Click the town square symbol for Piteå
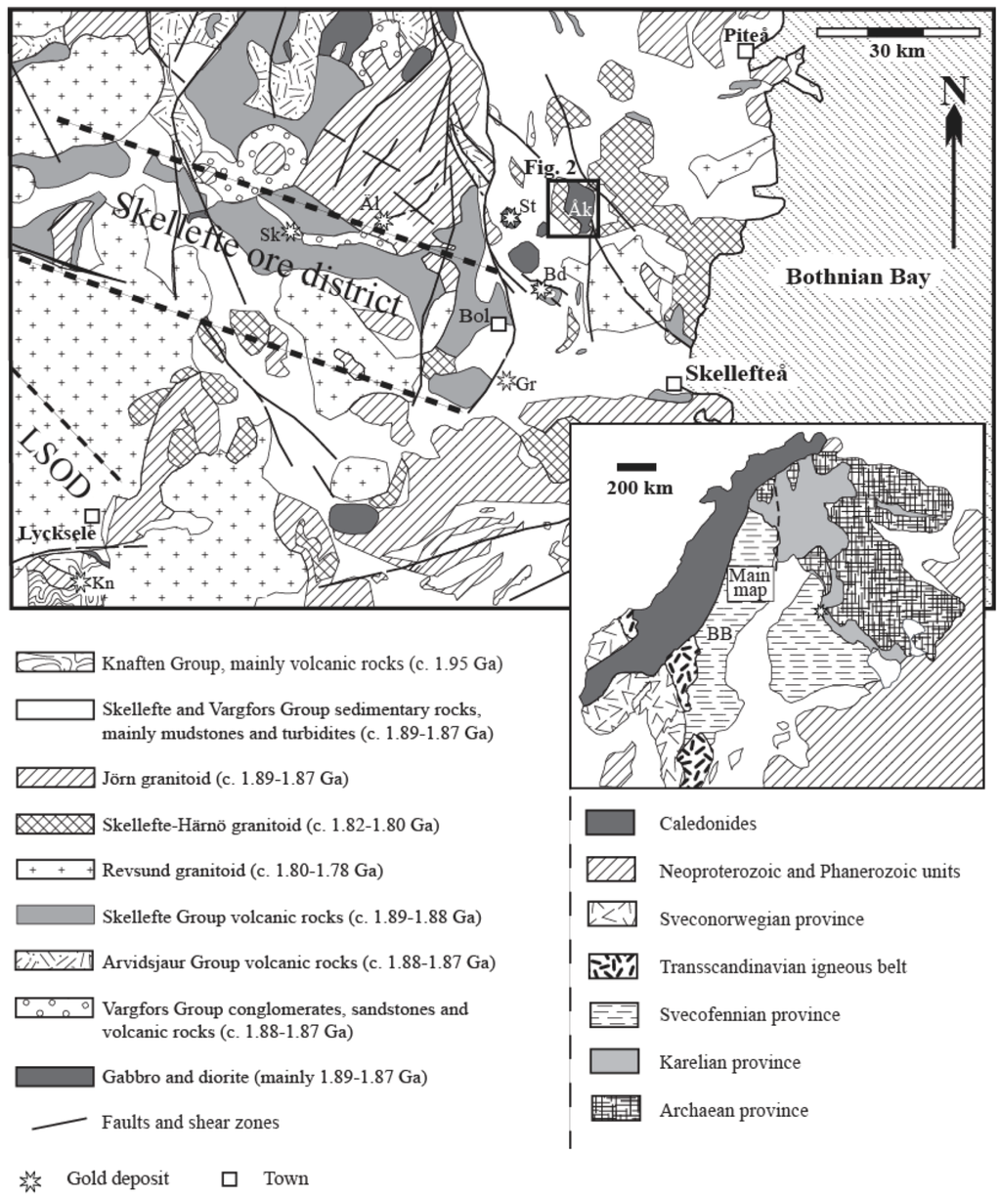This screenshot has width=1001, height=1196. [745, 50]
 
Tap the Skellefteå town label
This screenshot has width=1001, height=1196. [736, 373]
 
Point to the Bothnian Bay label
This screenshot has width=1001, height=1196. [857, 278]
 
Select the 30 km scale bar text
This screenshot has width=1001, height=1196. [896, 51]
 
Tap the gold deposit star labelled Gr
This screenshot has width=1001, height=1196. [506, 380]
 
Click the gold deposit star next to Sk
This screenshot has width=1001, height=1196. [290, 232]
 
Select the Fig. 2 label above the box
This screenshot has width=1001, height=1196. [547, 167]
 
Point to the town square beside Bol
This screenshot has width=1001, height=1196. [498, 323]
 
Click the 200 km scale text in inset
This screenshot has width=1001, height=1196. [639, 487]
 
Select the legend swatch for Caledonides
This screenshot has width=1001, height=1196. [611, 823]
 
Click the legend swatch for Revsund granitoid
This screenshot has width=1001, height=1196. [55, 870]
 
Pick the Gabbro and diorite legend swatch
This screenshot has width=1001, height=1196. [55, 1077]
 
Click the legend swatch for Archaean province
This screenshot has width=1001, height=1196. [611, 1110]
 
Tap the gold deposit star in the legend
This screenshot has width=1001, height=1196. [31, 1179]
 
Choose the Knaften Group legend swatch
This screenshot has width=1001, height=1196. [55, 663]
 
